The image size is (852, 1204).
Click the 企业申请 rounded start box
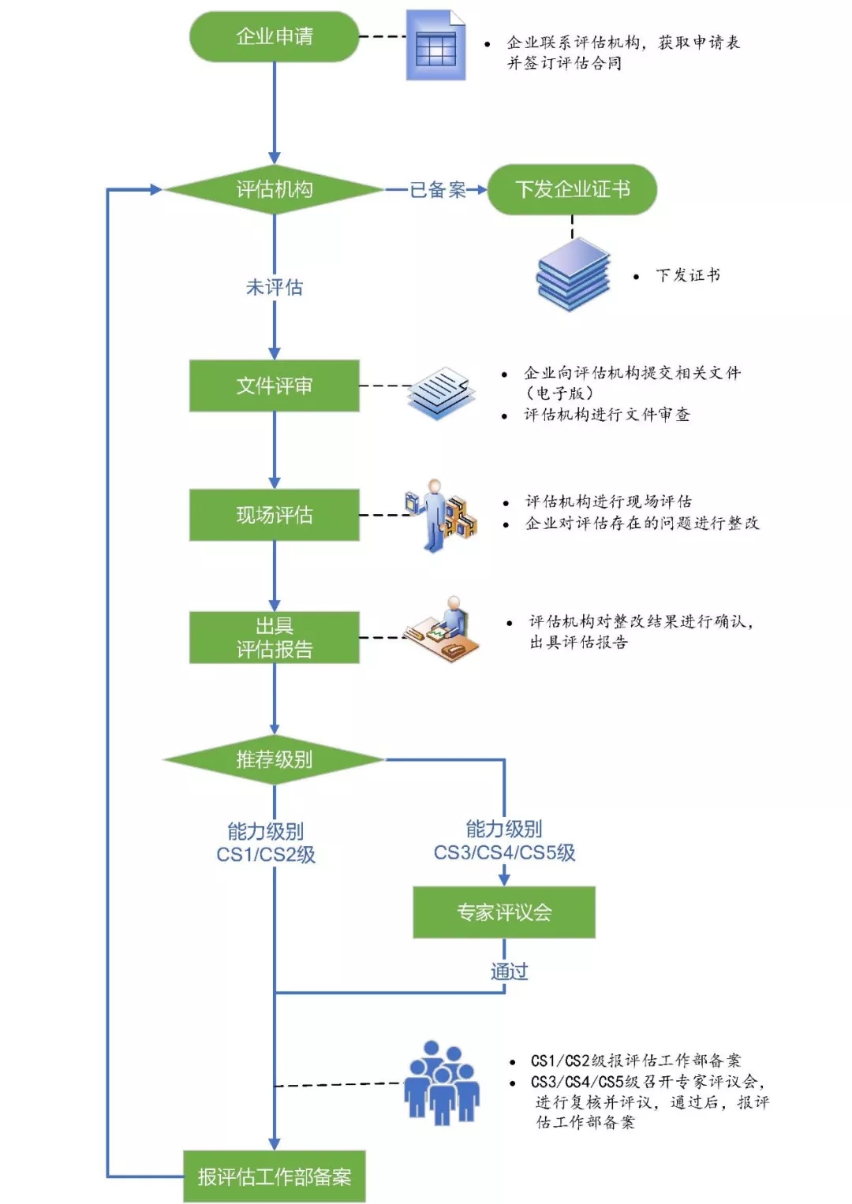point(274,36)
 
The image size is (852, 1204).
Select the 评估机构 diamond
point(274,189)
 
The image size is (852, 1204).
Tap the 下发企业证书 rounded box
point(572,189)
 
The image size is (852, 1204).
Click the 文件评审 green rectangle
point(274,386)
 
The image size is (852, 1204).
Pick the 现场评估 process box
point(274,515)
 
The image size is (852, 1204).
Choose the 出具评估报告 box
point(274,637)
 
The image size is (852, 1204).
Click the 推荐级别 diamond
point(274,759)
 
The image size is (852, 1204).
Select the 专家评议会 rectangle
point(503,912)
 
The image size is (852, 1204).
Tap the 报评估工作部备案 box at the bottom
point(274,1176)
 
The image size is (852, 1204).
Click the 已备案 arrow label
point(437,189)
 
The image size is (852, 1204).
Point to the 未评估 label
point(274,287)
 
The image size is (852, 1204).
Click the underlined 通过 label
point(509,971)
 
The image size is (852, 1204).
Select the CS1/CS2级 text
point(266,855)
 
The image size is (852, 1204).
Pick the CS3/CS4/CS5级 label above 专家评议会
point(504,852)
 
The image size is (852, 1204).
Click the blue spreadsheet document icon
point(435,46)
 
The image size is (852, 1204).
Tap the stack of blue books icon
point(574,275)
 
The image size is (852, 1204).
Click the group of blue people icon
point(442,1083)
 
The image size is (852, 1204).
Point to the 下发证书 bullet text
point(687,275)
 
